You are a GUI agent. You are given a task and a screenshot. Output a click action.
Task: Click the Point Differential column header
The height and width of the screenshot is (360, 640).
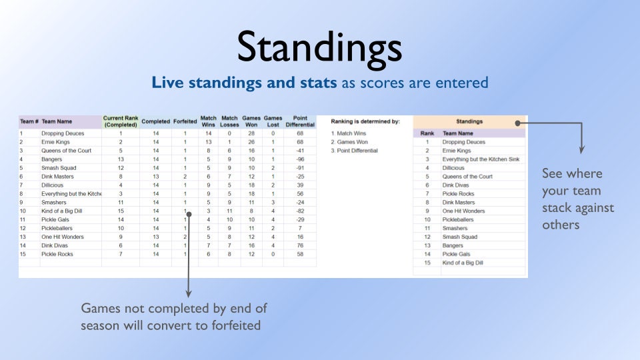tap(300, 121)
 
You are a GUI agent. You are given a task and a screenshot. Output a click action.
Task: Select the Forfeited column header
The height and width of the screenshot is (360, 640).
tap(185, 121)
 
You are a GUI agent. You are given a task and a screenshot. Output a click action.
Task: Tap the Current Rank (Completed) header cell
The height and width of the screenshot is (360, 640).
tap(121, 121)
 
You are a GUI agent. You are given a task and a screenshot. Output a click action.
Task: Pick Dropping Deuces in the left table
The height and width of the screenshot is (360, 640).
tap(63, 133)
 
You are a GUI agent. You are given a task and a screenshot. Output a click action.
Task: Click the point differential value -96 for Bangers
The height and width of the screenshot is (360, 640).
tap(300, 159)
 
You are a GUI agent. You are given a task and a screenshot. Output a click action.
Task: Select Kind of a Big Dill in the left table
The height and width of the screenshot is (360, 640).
tap(61, 211)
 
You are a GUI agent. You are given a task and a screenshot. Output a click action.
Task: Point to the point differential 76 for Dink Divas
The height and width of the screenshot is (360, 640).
tap(300, 245)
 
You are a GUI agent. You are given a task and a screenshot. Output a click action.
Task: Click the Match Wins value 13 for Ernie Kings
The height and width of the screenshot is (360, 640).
tap(208, 142)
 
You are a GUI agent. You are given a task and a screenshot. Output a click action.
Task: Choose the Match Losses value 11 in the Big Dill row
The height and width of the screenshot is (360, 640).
tap(229, 211)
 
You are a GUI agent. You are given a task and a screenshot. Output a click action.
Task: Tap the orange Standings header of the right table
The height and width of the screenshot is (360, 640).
tap(469, 121)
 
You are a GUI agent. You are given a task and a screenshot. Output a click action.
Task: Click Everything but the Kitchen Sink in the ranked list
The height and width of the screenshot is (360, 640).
tap(481, 159)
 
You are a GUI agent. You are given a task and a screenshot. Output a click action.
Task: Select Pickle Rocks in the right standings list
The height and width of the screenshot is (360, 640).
tap(458, 193)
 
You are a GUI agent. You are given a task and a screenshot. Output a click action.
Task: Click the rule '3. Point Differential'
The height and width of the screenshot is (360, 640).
tap(354, 151)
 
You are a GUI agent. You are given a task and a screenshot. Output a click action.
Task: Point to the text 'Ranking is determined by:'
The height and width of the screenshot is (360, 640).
tap(365, 121)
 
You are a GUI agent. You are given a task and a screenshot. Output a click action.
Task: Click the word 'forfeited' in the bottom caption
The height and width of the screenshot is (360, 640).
tap(236, 325)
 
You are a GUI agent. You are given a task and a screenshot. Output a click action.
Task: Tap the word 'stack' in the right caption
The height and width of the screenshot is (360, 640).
tap(556, 208)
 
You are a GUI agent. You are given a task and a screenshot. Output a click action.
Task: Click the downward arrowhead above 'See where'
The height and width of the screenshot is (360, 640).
tap(581, 150)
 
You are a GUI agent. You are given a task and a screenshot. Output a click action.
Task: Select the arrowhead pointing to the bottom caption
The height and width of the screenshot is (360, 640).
tap(189, 293)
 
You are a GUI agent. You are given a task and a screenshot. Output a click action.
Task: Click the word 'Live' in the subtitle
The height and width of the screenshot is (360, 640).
tap(168, 83)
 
